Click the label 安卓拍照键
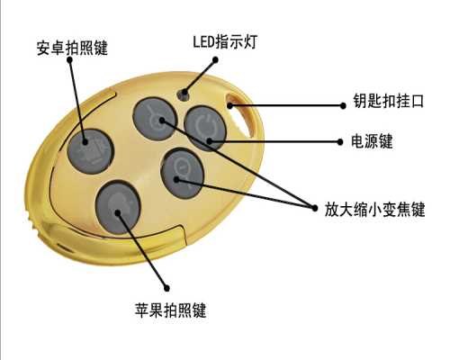click(72, 48)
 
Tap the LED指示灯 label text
click(225, 41)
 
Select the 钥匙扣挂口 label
click(388, 101)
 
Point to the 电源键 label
click(372, 141)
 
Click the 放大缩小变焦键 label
click(375, 209)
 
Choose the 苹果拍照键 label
click(170, 310)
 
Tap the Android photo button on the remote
click(90, 151)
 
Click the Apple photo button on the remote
click(118, 207)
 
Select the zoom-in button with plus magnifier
click(155, 119)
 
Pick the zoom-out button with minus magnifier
click(183, 174)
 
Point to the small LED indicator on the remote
click(183, 94)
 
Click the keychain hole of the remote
click(241, 115)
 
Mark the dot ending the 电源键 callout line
click(340, 141)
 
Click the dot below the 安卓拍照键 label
click(69, 59)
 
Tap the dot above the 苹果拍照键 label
click(167, 288)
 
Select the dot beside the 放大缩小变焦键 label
click(315, 208)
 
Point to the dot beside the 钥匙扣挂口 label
click(343, 105)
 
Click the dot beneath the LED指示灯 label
click(215, 59)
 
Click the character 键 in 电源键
click(386, 141)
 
